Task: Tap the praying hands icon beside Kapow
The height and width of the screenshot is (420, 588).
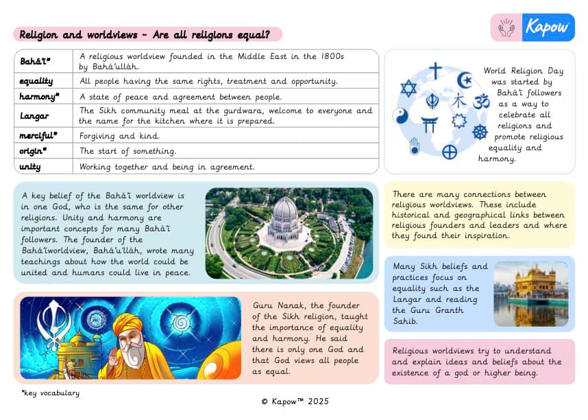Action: click(x=506, y=27)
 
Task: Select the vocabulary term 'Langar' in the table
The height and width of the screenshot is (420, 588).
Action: click(x=34, y=116)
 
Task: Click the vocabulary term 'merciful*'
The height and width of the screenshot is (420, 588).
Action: click(x=38, y=136)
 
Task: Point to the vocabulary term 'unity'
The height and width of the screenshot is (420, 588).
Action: click(x=31, y=166)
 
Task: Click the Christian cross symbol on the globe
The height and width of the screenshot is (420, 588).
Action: click(x=436, y=71)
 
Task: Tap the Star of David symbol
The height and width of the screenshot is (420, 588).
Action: click(x=408, y=89)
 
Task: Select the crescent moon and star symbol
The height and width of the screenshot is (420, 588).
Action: click(x=465, y=80)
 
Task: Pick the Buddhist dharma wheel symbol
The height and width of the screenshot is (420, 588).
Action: click(x=480, y=132)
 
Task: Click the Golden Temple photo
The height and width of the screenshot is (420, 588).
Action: click(x=530, y=294)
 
